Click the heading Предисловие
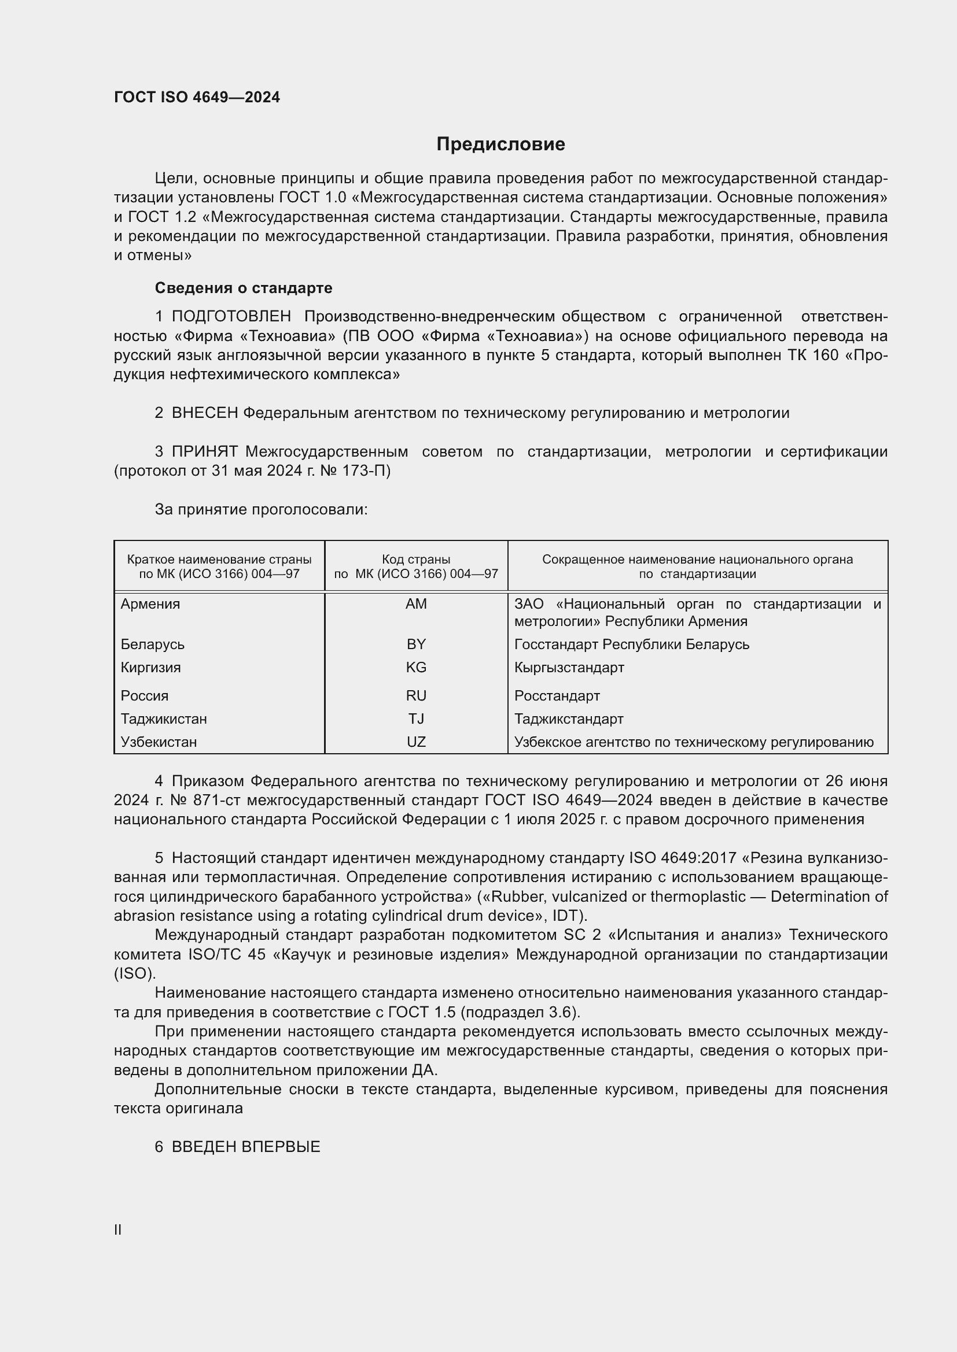coord(500,145)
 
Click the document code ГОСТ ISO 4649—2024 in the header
coord(197,98)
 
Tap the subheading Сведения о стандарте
coord(244,288)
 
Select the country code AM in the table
coord(416,604)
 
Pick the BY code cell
coord(416,644)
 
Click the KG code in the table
coord(416,667)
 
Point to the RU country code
coord(416,695)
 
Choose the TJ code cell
coord(416,718)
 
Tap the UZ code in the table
coord(416,742)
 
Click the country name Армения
coord(150,604)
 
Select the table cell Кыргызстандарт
coord(569,667)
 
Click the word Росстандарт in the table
coord(557,695)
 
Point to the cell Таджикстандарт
coord(569,718)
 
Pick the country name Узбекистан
coord(159,742)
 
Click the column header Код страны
coord(416,560)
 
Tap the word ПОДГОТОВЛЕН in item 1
coord(231,317)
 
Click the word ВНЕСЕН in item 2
coord(204,413)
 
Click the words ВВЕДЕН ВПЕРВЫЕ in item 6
coord(246,1146)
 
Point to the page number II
coord(118,1229)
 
